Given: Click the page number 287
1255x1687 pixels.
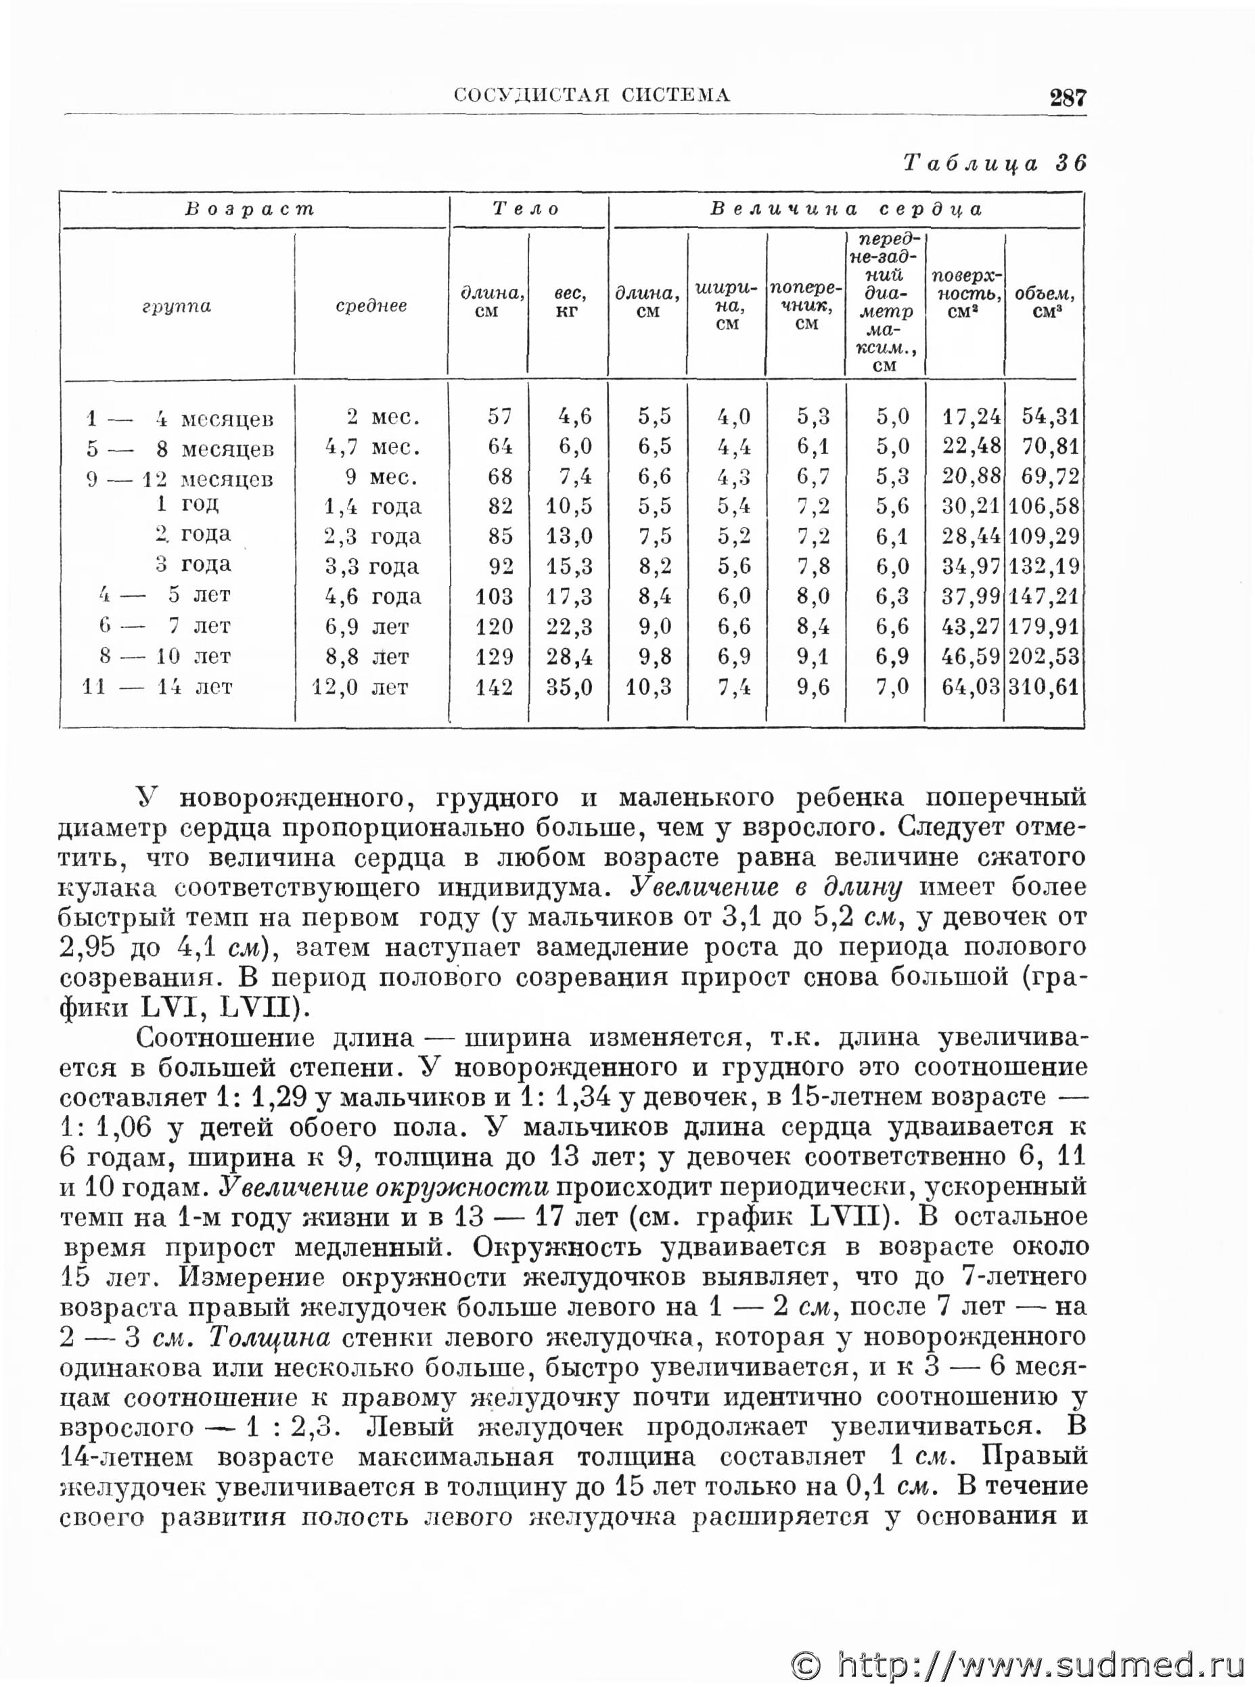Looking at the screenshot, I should point(1068,97).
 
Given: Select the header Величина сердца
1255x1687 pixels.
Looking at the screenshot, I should point(846,210).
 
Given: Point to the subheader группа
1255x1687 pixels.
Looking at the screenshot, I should point(177,307).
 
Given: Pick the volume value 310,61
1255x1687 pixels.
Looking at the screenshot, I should point(1044,688).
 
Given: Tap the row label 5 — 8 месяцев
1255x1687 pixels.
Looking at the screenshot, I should point(180,449).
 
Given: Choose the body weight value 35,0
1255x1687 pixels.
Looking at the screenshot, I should point(569,688).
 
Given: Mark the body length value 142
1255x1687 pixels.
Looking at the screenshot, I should point(494,688).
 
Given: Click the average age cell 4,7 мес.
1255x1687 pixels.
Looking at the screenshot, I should point(372,447).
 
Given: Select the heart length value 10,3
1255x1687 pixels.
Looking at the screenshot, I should point(649,688).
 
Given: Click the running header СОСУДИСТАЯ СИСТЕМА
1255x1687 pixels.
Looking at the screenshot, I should point(592,95).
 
